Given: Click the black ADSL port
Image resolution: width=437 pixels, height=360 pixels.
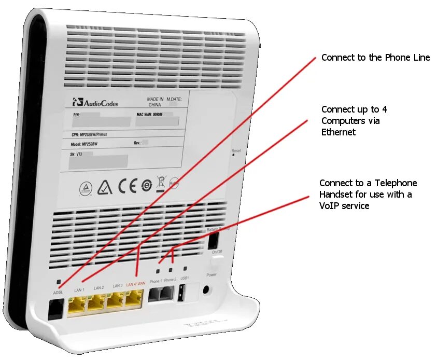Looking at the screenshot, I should (53, 310).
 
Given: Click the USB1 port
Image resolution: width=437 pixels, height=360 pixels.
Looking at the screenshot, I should (181, 295).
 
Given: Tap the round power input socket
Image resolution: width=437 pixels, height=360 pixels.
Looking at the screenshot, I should (208, 291).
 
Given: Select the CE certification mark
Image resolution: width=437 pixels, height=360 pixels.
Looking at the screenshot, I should (128, 186).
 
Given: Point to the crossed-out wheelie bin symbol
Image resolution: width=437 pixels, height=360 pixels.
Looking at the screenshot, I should (161, 184).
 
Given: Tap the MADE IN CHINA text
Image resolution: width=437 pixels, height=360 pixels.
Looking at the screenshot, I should (155, 101).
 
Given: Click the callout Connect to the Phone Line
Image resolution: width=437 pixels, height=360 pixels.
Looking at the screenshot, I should (375, 58).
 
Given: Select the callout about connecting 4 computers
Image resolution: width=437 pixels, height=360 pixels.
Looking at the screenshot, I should (354, 121).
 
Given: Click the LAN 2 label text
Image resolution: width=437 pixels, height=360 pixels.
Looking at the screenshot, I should (98, 287).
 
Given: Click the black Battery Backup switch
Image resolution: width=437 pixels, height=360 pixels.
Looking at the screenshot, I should (212, 240).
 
